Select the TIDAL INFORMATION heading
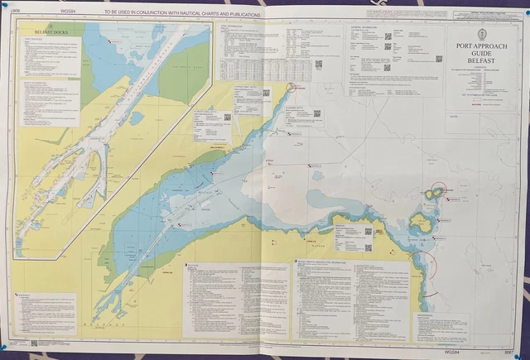[x=234, y=26]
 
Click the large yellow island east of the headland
[x=421, y=222]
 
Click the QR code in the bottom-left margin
[x=34, y=343]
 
